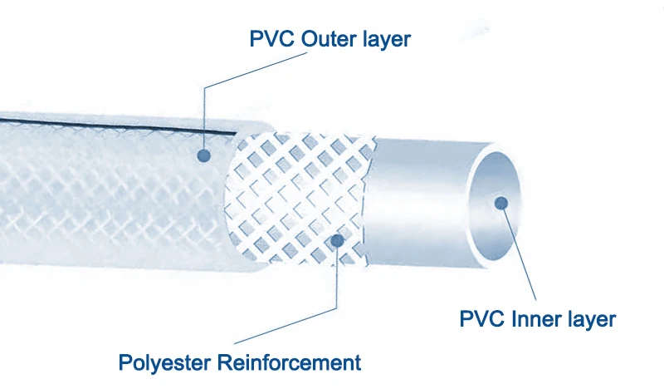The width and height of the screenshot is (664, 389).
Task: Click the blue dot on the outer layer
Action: click(x=204, y=155)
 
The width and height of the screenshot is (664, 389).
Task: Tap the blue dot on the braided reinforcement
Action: click(x=336, y=241)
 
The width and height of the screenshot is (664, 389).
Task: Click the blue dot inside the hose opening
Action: click(x=500, y=201)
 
